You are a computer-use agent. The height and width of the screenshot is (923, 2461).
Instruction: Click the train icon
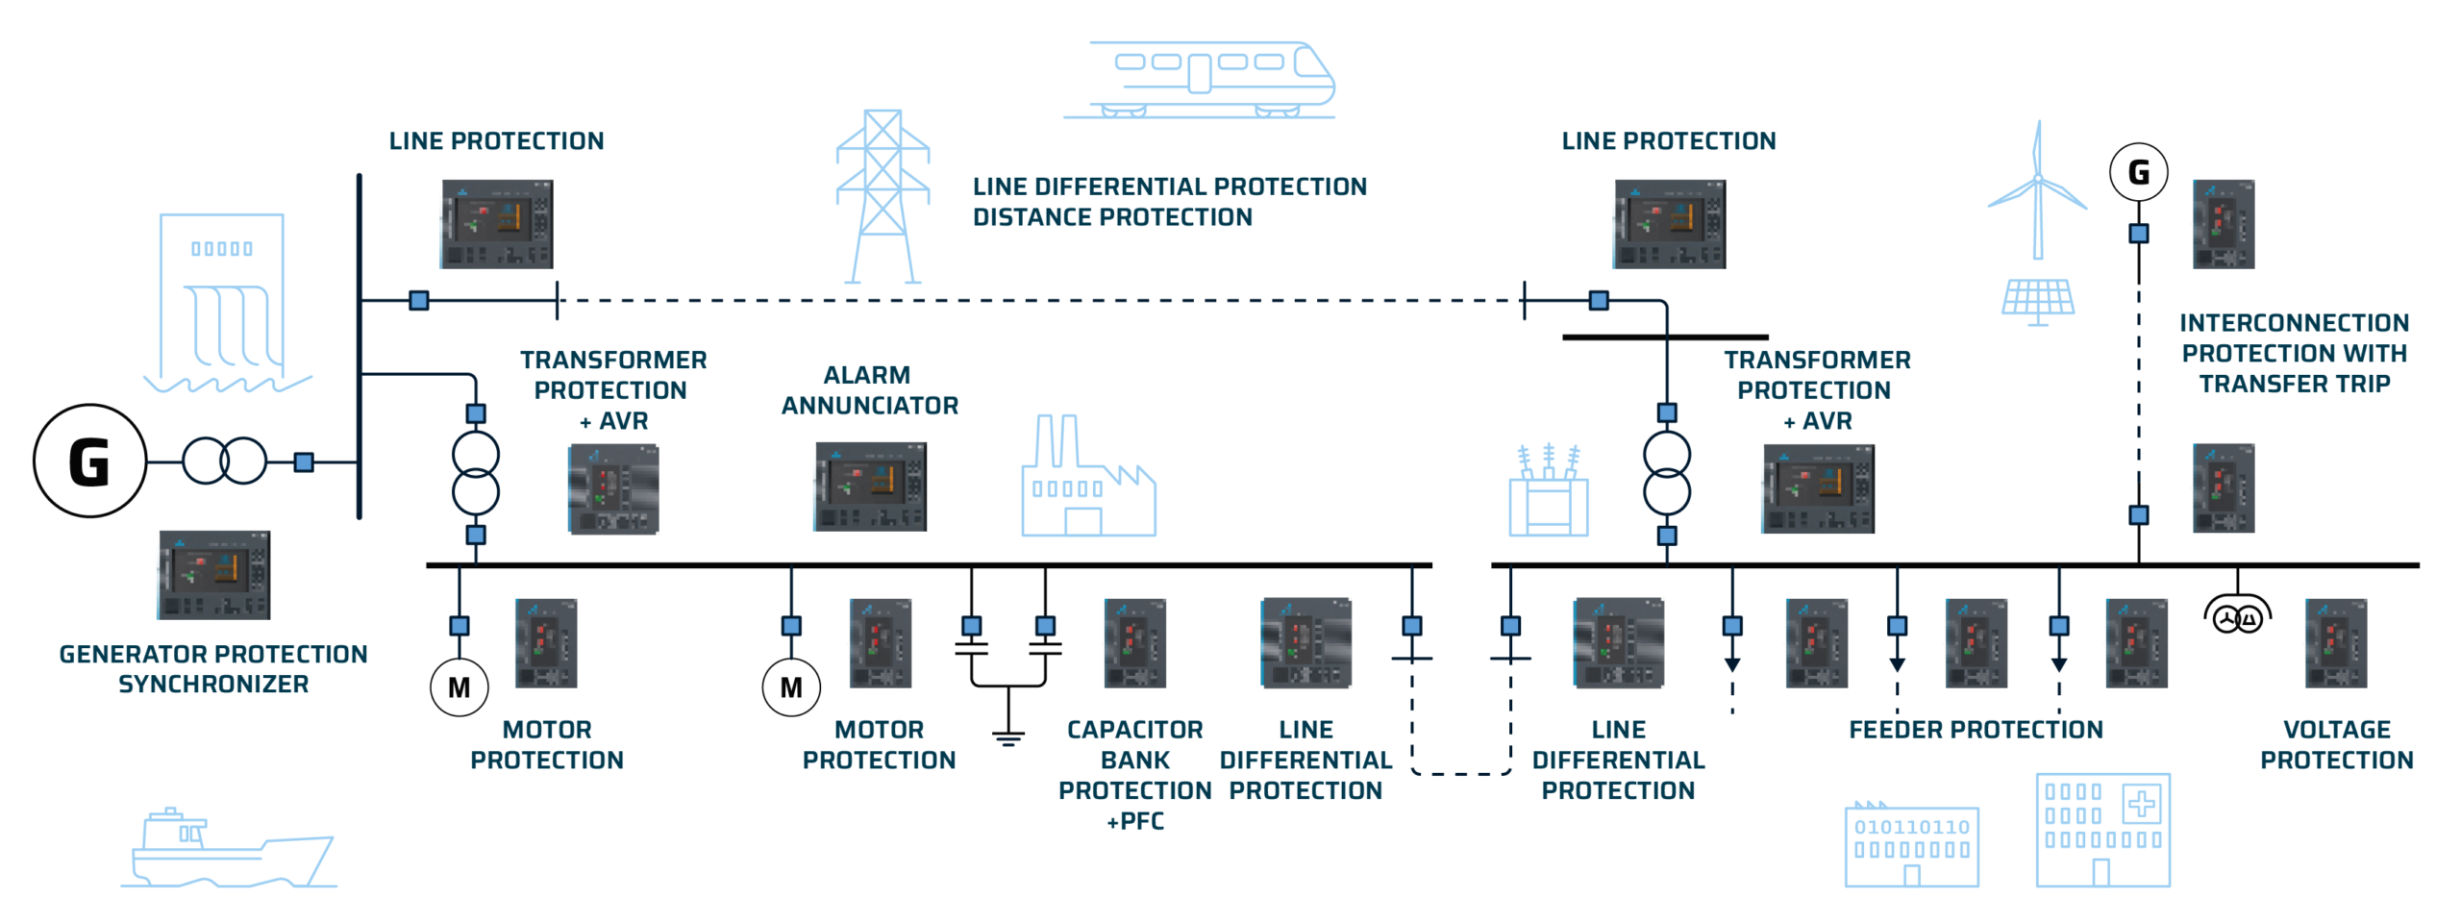click(x=1200, y=79)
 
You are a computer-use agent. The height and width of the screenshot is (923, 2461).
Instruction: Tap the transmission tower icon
click(x=882, y=196)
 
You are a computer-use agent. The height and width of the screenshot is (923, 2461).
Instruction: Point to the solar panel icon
click(x=2037, y=300)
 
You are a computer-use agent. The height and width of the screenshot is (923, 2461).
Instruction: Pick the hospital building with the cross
click(x=2102, y=829)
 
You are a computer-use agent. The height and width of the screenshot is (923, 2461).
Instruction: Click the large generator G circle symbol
click(x=89, y=462)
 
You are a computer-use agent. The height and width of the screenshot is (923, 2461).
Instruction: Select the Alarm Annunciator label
click(x=869, y=390)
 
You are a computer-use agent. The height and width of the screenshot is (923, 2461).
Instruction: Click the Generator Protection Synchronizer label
click(x=213, y=669)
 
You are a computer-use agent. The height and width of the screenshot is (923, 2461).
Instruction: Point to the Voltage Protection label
click(x=2336, y=745)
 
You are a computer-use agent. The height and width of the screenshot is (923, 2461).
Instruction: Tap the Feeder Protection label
click(x=1976, y=730)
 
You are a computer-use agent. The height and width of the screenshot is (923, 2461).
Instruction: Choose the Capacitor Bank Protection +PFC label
click(x=1134, y=775)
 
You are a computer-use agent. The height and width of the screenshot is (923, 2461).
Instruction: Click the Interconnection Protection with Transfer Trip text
click(x=2294, y=354)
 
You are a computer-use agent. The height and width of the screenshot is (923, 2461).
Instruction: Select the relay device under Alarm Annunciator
click(x=869, y=486)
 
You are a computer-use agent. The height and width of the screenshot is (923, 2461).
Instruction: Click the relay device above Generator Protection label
click(x=213, y=575)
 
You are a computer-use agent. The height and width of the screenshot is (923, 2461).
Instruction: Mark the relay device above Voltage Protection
click(x=2335, y=643)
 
